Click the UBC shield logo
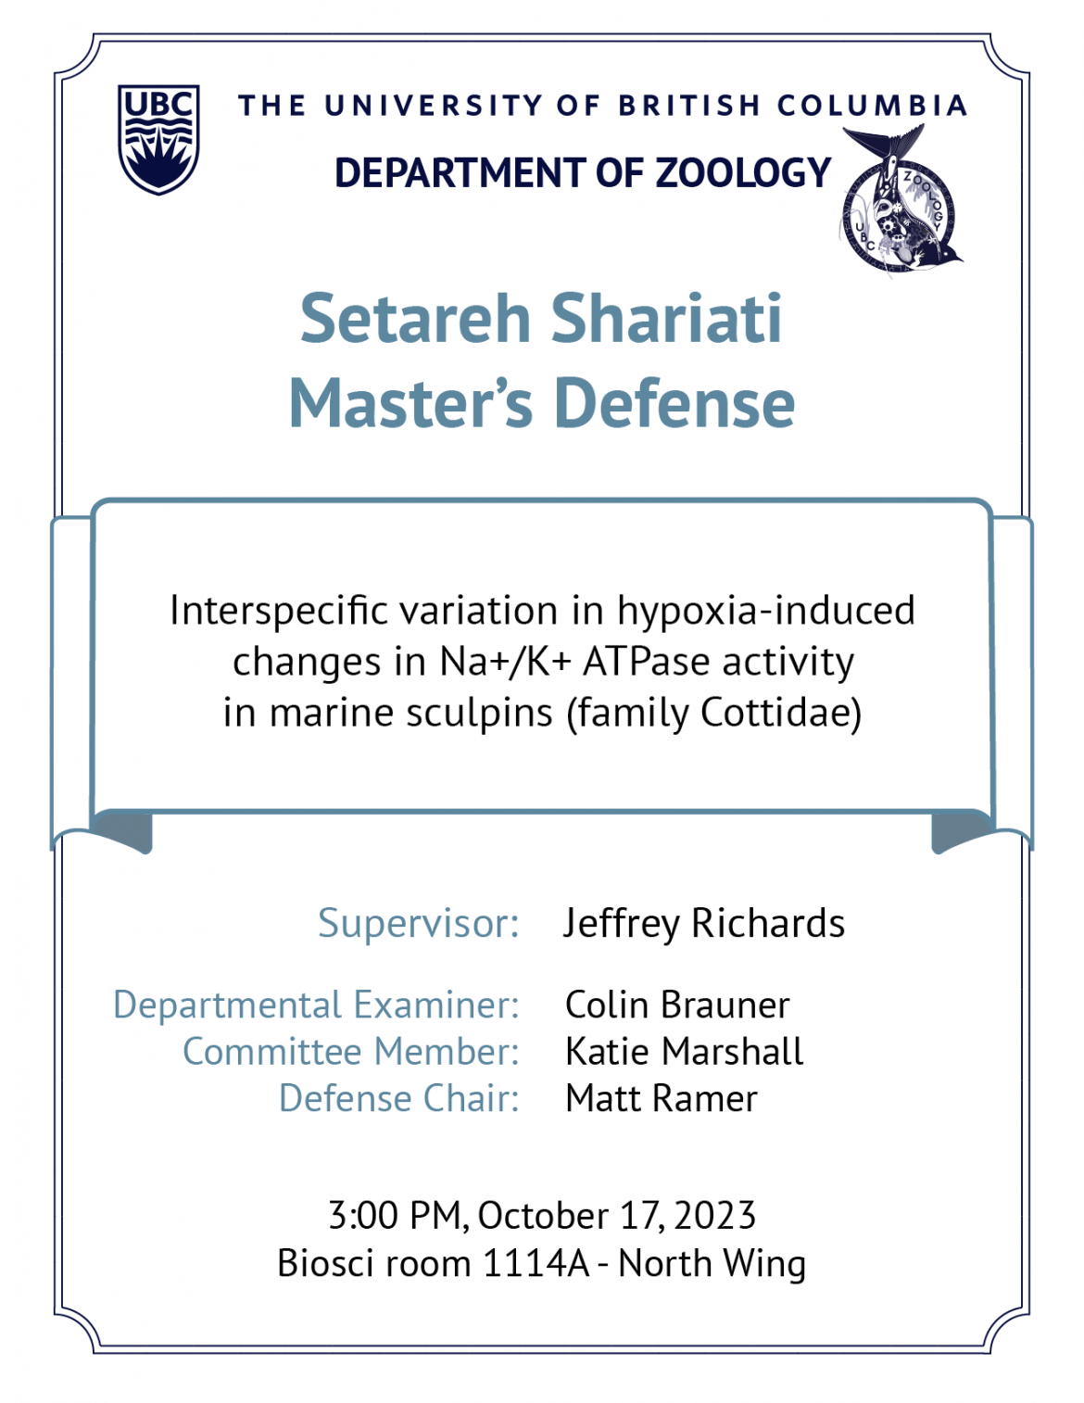click(158, 139)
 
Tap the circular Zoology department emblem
click(901, 201)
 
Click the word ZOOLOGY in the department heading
click(743, 172)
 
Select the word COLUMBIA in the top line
click(872, 106)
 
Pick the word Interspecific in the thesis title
click(280, 611)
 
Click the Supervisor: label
click(419, 923)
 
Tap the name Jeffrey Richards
click(704, 923)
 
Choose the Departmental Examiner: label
click(316, 1005)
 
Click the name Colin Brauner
click(677, 1005)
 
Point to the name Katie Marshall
click(685, 1052)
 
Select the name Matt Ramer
click(662, 1098)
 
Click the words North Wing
click(712, 1266)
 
